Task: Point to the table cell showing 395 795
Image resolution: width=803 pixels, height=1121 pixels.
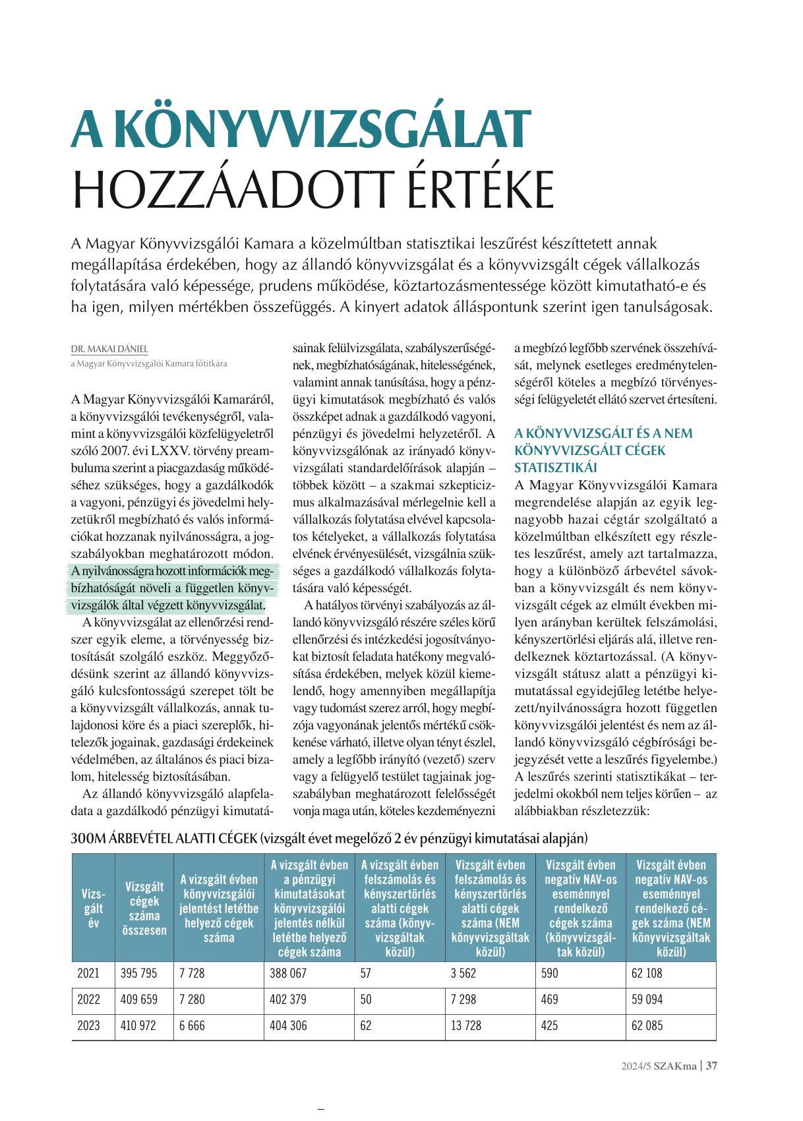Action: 139,973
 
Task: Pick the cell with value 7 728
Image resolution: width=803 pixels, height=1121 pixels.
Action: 192,973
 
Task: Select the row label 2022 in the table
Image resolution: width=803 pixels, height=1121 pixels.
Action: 89,1000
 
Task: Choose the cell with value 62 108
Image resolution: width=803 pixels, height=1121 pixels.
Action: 647,973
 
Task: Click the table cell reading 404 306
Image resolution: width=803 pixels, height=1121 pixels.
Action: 288,1026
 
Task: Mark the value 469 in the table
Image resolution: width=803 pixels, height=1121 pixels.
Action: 549,1000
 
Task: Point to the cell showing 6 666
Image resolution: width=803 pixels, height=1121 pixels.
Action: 192,1026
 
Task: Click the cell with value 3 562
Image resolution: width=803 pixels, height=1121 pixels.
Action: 463,973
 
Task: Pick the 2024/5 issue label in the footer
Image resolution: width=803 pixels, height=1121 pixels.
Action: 631,1066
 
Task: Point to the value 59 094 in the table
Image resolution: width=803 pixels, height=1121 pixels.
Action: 647,1000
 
